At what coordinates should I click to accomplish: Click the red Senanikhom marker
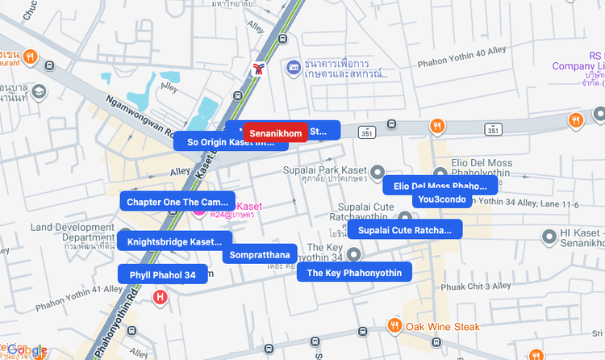point(276,132)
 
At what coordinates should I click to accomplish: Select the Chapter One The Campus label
point(177,202)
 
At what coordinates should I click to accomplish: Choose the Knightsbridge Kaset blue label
point(174,241)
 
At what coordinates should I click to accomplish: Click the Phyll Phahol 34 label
point(162,274)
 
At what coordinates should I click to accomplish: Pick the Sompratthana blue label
point(260,254)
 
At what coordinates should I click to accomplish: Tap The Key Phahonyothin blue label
point(354,273)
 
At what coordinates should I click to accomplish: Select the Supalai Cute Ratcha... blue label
point(405,231)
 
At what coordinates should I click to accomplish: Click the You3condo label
point(441,199)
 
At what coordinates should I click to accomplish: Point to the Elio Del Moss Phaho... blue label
point(440,186)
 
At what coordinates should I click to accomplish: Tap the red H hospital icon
point(161,298)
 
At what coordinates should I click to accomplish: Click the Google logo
point(27,350)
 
